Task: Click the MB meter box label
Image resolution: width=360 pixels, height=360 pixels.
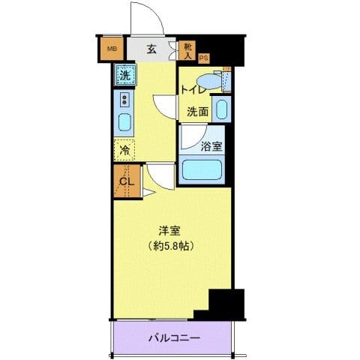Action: [112, 50]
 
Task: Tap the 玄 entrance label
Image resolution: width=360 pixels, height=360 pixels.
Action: [151, 50]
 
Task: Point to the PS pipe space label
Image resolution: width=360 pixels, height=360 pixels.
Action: [204, 57]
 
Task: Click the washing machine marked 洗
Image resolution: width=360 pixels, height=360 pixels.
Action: [125, 74]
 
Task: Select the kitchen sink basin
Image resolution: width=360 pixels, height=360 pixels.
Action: [124, 122]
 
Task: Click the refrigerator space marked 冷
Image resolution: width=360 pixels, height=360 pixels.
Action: [124, 149]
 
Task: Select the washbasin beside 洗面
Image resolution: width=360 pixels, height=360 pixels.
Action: [221, 109]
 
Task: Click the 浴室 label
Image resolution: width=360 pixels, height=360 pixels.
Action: [211, 147]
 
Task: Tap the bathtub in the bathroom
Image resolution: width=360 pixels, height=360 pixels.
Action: [204, 168]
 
